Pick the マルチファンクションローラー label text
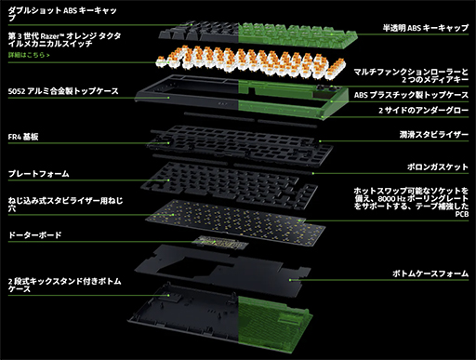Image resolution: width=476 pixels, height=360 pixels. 410,71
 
